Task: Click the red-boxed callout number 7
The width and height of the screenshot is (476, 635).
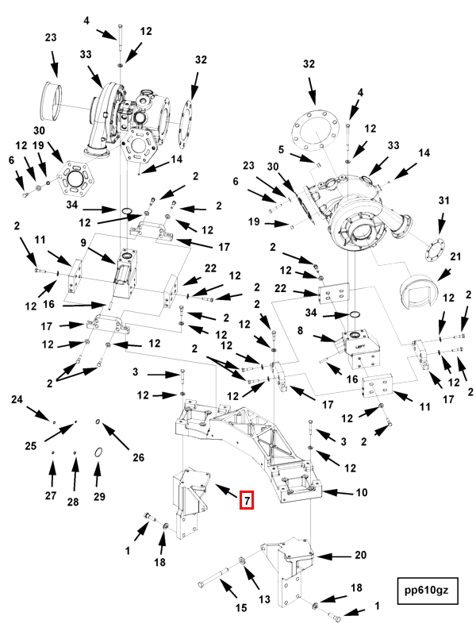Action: pyautogui.click(x=247, y=500)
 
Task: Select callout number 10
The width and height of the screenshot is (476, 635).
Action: pyautogui.click(x=361, y=493)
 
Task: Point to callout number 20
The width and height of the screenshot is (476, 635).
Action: pyautogui.click(x=360, y=555)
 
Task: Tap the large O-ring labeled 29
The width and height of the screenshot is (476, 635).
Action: pyautogui.click(x=98, y=452)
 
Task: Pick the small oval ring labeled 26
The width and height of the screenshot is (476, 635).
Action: pyautogui.click(x=97, y=422)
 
